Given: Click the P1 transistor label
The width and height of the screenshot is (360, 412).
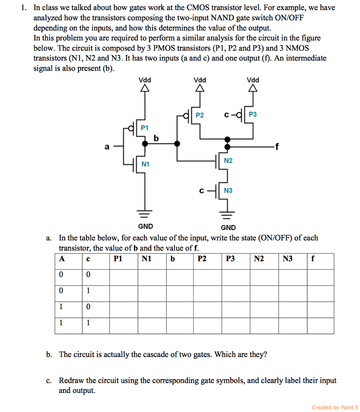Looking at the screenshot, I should coord(145,128).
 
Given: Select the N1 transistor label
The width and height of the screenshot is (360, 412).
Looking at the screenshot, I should coord(145,164).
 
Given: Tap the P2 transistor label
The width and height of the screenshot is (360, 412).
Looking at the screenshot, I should coord(200,115).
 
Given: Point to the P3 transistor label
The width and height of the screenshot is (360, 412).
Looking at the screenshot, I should coord(253,115).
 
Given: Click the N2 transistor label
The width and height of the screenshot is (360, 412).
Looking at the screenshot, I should coord(228,161).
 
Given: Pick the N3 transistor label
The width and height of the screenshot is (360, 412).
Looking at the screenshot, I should coord(228,190).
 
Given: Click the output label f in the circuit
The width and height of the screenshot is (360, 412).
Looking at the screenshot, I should coord(276,146).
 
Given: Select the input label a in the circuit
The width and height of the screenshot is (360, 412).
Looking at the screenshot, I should coord(107,147).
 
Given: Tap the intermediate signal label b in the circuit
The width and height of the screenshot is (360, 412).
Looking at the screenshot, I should coord(156,138).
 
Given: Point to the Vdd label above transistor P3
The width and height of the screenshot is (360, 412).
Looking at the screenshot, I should coord(253,80).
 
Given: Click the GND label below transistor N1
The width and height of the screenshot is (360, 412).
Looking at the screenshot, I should coord(145,226).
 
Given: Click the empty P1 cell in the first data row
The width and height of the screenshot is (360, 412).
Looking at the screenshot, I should coord(124,277).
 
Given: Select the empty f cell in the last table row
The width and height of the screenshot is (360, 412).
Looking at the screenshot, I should coord(321,325).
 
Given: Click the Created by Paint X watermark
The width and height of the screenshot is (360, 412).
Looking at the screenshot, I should coord(335,407).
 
